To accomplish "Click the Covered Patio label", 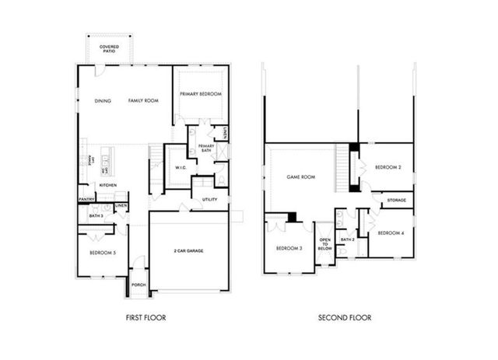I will tap(110, 50).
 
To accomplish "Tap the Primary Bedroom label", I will tap(201, 94).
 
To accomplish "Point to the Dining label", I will tap(103, 101).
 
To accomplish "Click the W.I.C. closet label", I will tap(180, 167).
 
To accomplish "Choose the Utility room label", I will tap(210, 200).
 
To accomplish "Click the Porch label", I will tap(139, 285).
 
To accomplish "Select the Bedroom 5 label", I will tap(103, 253).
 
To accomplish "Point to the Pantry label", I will tap(86, 199).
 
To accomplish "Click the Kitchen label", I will tap(107, 185).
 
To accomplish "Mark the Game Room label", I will tap(300, 177).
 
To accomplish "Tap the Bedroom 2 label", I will tap(387, 168).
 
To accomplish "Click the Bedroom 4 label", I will tap(390, 233).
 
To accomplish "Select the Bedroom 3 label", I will tap(289, 248).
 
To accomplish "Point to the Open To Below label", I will tap(324, 243).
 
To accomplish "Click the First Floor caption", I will tap(146, 317).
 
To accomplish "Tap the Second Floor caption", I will tap(344, 317).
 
